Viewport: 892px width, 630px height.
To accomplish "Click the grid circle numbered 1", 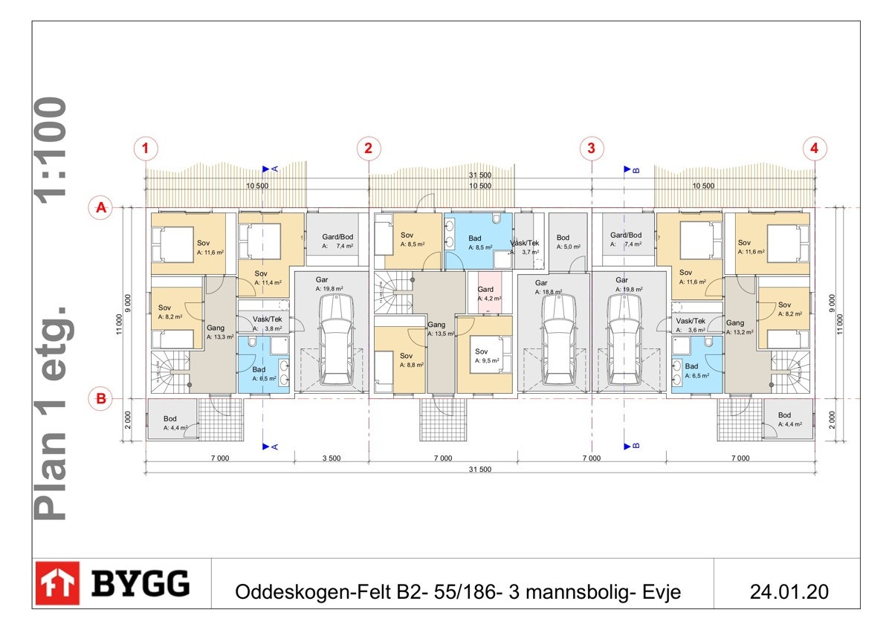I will pyautogui.click(x=146, y=149).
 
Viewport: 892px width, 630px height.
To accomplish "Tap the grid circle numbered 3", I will pyautogui.click(x=591, y=149).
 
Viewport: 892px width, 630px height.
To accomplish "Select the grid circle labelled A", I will pyautogui.click(x=100, y=208).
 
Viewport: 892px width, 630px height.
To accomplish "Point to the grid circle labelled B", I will pyautogui.click(x=100, y=398).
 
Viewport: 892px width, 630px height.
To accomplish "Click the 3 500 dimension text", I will pyautogui.click(x=331, y=458).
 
